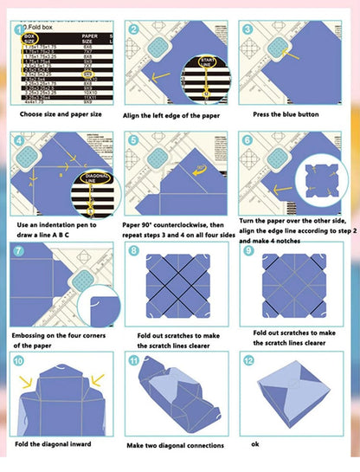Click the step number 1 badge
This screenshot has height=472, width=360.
coord(20,29)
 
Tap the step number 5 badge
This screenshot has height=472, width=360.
coord(132,140)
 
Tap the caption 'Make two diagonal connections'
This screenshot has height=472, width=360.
coord(176,445)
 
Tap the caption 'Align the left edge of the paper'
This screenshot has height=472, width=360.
coord(177,113)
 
